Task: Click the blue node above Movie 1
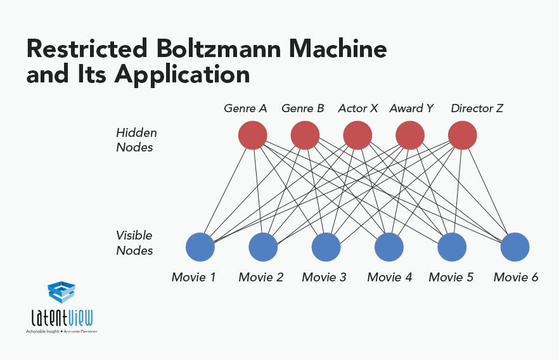point(200,247)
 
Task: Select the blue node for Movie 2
point(263,247)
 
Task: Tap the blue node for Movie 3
point(326,247)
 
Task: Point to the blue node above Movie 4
point(389,247)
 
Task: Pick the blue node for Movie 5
point(452,247)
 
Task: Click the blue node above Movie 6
point(515,247)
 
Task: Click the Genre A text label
point(245,108)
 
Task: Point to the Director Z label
point(477,108)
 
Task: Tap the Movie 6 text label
point(516,277)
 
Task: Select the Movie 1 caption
point(194,277)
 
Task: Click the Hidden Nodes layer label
point(136,140)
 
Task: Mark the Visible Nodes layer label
point(134,243)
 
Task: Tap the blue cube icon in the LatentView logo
point(61,292)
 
